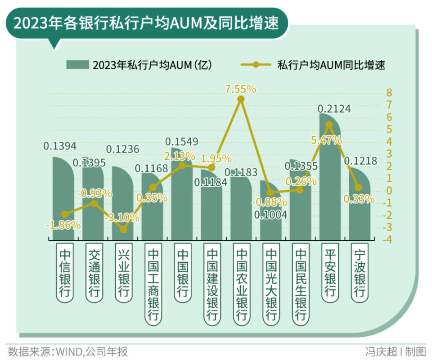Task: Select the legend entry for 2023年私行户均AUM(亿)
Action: [x=139, y=64]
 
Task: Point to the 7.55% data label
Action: [x=241, y=89]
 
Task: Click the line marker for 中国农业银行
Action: [x=241, y=99]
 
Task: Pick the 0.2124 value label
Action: [x=334, y=109]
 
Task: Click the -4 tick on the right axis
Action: [x=387, y=239]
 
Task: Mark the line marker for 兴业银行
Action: [x=124, y=229]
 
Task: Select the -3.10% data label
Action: [x=122, y=218]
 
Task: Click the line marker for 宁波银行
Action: [x=358, y=188]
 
